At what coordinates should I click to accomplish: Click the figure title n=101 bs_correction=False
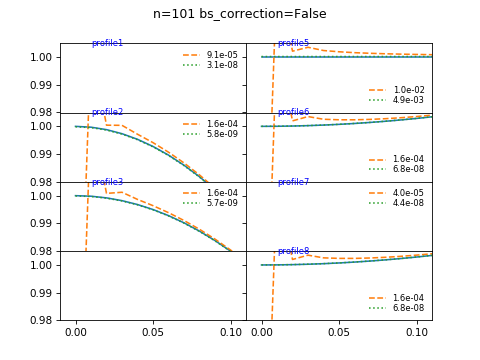click(239, 14)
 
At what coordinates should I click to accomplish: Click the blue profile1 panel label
click(107, 43)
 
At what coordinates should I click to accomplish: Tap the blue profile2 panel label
click(107, 112)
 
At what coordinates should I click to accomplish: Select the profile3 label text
click(107, 182)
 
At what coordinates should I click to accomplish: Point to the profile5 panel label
click(293, 43)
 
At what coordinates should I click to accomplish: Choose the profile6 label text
click(293, 112)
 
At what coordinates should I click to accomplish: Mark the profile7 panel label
click(293, 182)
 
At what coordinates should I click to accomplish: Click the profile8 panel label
click(293, 251)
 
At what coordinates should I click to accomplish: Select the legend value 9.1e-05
click(222, 55)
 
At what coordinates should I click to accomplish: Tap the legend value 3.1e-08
click(222, 65)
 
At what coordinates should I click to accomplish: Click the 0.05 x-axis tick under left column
click(153, 331)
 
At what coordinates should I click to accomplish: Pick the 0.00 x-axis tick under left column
click(76, 331)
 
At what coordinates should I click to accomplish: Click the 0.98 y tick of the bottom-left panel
click(45, 320)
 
